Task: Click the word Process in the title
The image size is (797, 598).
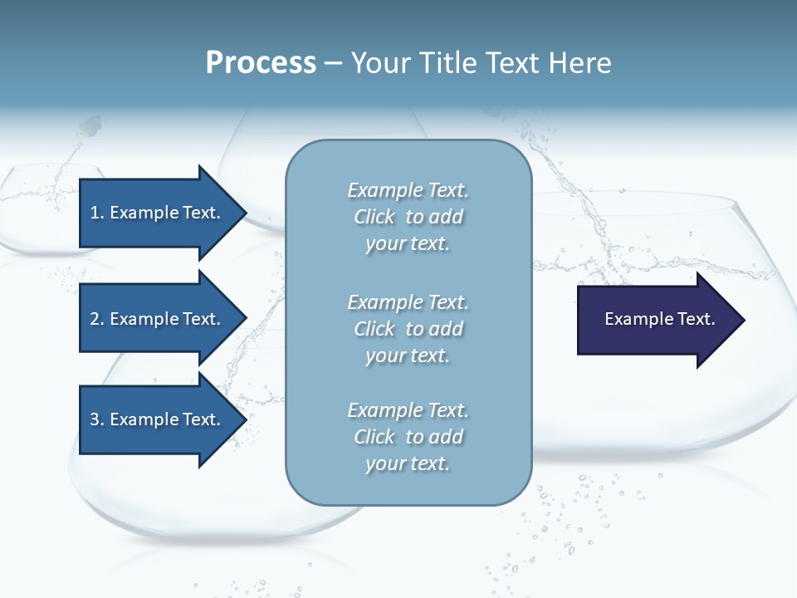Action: pyautogui.click(x=261, y=63)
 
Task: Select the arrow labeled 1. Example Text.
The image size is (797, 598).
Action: pyautogui.click(x=158, y=213)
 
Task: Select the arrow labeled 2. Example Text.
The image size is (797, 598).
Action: pyautogui.click(x=158, y=319)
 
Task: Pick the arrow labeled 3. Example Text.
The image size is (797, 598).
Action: pyautogui.click(x=158, y=419)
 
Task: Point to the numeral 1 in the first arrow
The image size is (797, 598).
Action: pyautogui.click(x=95, y=213)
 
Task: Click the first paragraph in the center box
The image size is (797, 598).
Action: pyautogui.click(x=408, y=217)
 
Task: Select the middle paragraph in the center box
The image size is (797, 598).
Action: pyautogui.click(x=408, y=328)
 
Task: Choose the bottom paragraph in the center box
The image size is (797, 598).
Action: pyautogui.click(x=408, y=437)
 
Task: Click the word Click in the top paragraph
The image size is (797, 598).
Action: pyautogui.click(x=374, y=217)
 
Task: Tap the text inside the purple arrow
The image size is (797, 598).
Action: pyautogui.click(x=659, y=319)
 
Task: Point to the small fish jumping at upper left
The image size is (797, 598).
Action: pyautogui.click(x=90, y=126)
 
